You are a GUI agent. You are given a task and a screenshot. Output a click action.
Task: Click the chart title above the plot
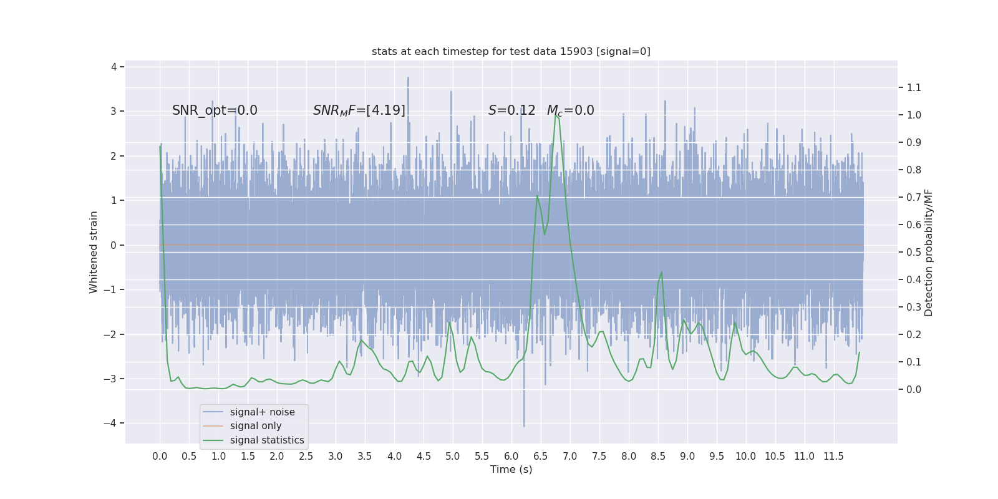[511, 51]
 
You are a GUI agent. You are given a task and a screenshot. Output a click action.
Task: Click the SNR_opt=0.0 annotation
[215, 110]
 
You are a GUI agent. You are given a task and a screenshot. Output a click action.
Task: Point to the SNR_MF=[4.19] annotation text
[359, 110]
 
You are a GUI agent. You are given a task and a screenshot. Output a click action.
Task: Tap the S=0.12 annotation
[511, 110]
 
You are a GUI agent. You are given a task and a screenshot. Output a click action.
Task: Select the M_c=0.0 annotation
[570, 110]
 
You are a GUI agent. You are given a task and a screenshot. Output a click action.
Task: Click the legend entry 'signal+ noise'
[262, 412]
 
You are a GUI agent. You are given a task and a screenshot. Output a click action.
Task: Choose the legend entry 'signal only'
[256, 426]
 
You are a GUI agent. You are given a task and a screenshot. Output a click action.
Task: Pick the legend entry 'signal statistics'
[267, 440]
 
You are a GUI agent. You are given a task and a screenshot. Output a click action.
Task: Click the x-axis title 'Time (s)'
[511, 469]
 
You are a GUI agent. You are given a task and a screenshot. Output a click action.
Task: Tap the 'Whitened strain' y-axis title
[94, 252]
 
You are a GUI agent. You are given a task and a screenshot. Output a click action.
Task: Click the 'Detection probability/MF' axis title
[928, 252]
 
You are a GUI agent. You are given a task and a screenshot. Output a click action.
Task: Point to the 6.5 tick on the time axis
[541, 456]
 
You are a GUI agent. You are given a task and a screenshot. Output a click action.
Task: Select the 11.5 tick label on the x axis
[833, 456]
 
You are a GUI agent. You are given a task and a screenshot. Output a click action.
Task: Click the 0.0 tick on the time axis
[160, 456]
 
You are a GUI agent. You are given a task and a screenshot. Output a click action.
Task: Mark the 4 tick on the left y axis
[114, 67]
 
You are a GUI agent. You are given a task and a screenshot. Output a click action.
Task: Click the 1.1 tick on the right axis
[913, 87]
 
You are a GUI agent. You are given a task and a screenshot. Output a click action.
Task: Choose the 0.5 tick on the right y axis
[913, 252]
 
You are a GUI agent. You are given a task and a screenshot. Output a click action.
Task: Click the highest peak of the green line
[555, 114]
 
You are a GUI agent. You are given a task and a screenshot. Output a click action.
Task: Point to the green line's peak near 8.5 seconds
[661, 272]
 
